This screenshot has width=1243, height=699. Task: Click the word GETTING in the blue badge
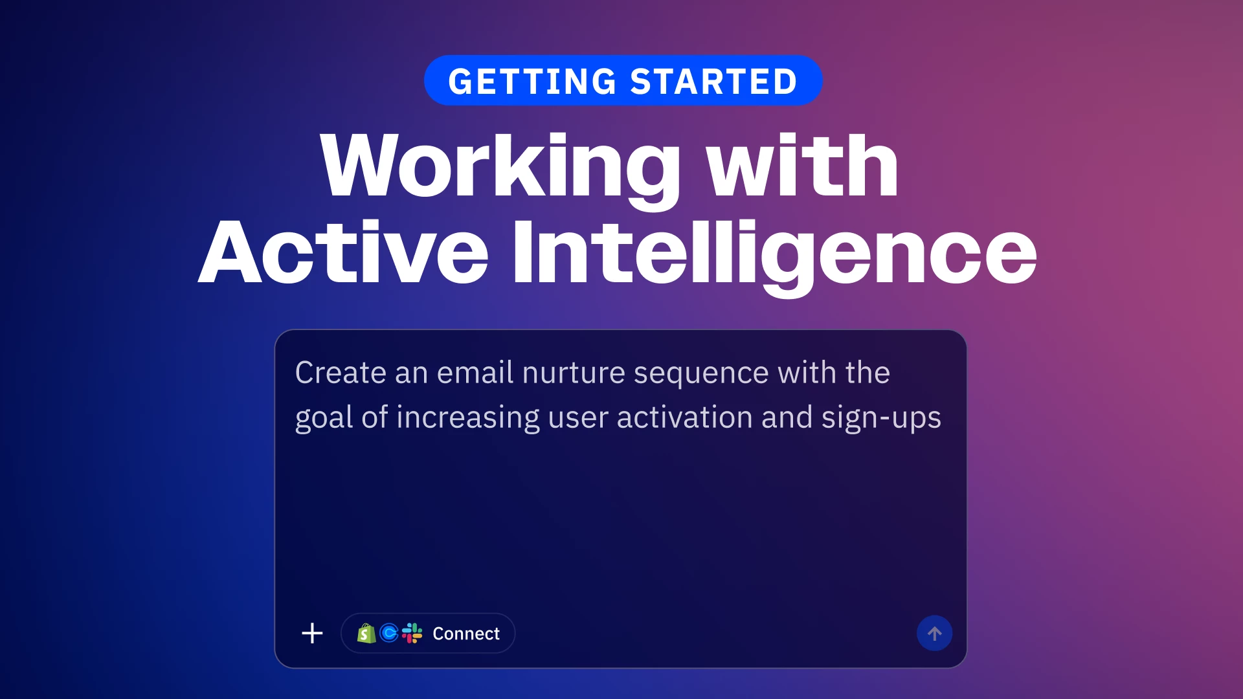532,82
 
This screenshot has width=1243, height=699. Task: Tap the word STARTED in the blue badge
713,82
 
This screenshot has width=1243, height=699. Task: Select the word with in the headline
802,164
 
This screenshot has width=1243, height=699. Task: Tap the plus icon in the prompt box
312,633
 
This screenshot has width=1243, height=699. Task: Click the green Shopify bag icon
366,633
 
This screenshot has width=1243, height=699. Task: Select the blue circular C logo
389,633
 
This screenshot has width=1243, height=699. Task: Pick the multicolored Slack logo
412,633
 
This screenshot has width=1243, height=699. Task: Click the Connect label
466,634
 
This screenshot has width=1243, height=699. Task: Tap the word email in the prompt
475,373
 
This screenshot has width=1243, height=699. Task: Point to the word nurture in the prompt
574,373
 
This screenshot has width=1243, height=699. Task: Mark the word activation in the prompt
684,417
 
